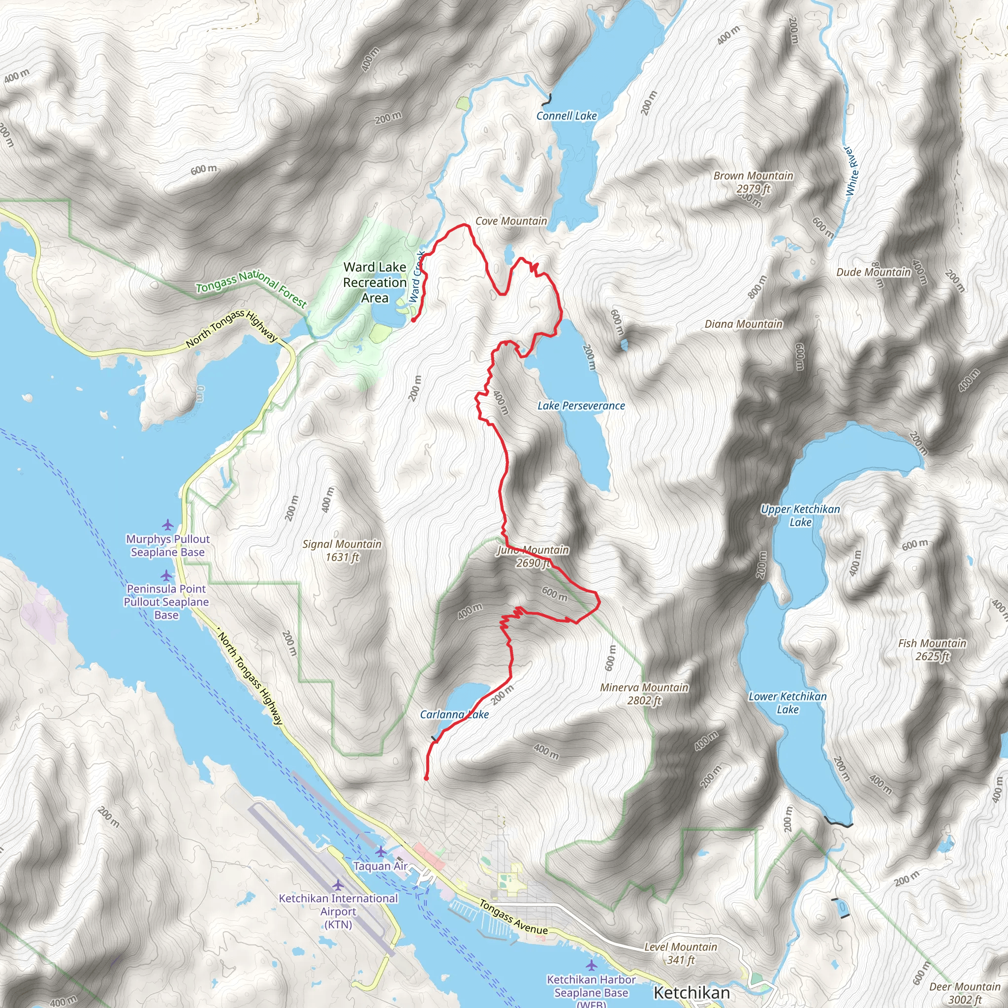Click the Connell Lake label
point(566,116)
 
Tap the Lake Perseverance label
point(581,406)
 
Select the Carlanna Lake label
point(454,714)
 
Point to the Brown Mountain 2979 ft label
point(753,182)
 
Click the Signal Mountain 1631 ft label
point(342,550)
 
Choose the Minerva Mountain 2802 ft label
point(644,694)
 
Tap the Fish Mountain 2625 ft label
point(932,650)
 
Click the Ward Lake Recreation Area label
point(375,282)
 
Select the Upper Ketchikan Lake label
point(800,515)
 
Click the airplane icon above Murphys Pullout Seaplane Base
point(167,524)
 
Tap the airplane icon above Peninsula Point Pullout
point(166,575)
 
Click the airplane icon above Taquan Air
point(380,851)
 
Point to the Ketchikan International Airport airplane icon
point(338,885)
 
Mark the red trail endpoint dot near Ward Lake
point(413,320)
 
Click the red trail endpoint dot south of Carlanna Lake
point(426,779)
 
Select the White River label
point(851,171)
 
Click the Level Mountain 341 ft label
point(680,953)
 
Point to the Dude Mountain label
point(873,272)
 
